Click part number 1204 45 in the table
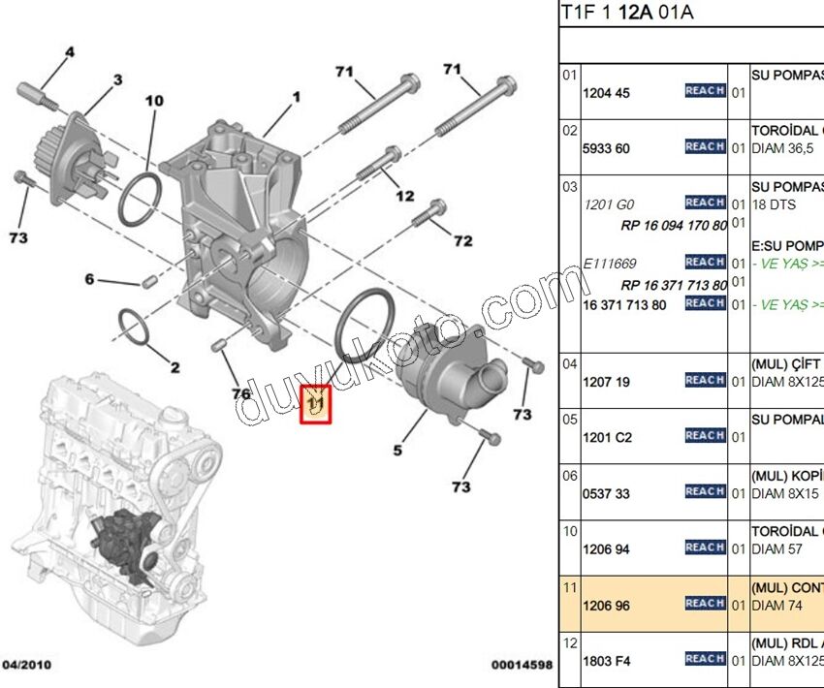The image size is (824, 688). [x=606, y=94]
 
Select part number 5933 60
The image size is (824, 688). [x=606, y=149]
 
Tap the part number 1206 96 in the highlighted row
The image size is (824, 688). [x=606, y=605]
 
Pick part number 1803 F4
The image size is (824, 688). [x=606, y=661]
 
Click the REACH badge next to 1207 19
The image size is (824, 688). [x=705, y=380]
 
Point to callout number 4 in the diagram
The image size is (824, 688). [x=70, y=50]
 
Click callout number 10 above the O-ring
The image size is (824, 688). [x=155, y=100]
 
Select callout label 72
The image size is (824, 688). [x=463, y=240]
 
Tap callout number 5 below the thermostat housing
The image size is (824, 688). [x=396, y=449]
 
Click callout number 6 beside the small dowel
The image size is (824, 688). [x=89, y=279]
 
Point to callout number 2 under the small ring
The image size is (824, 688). [x=174, y=367]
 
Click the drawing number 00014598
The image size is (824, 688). [x=521, y=665]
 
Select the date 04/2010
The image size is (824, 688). [x=27, y=665]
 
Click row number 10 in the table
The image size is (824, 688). [x=570, y=531]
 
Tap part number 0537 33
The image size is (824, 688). [x=606, y=494]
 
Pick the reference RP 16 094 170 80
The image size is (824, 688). [x=674, y=225]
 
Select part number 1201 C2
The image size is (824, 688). [x=607, y=438]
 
